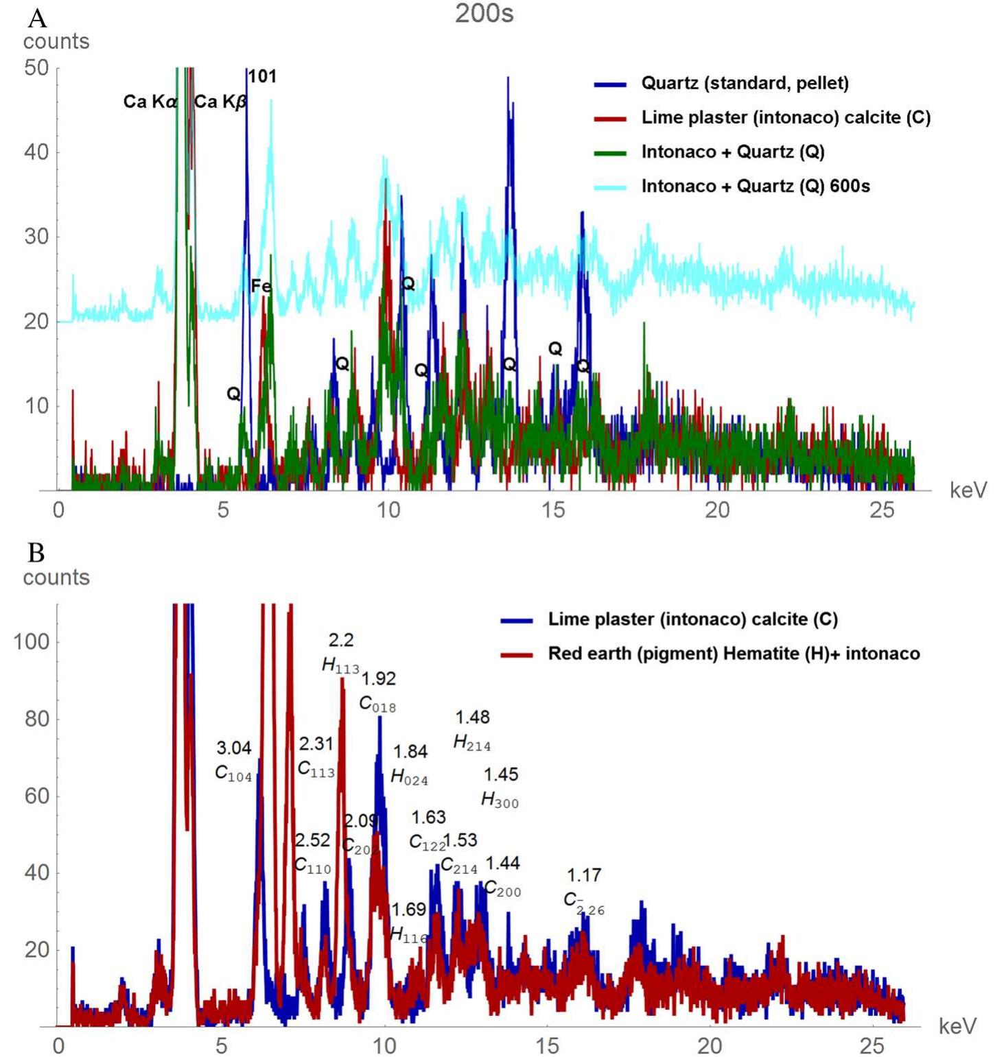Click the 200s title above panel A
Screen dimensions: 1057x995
click(484, 13)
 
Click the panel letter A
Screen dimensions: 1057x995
click(37, 16)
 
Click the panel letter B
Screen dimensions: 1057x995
click(36, 552)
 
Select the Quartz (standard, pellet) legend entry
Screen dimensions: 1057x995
click(745, 84)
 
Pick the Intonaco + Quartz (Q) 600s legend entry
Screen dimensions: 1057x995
click(755, 187)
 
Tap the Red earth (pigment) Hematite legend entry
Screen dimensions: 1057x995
click(733, 654)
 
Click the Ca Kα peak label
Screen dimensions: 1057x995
click(150, 102)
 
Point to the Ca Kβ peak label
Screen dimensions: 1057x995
click(220, 102)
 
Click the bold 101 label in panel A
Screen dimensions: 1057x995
click(262, 77)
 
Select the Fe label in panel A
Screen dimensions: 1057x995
click(261, 285)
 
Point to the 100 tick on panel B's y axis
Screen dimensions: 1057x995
click(32, 642)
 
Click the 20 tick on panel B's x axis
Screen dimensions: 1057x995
click(710, 1046)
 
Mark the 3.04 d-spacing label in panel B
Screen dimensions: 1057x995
click(234, 748)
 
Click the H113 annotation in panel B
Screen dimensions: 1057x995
click(340, 665)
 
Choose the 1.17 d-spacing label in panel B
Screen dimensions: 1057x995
click(584, 875)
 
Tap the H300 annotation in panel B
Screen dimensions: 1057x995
click(500, 800)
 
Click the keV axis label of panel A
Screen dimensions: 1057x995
click(968, 490)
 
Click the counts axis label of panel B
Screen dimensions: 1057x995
click(56, 578)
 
